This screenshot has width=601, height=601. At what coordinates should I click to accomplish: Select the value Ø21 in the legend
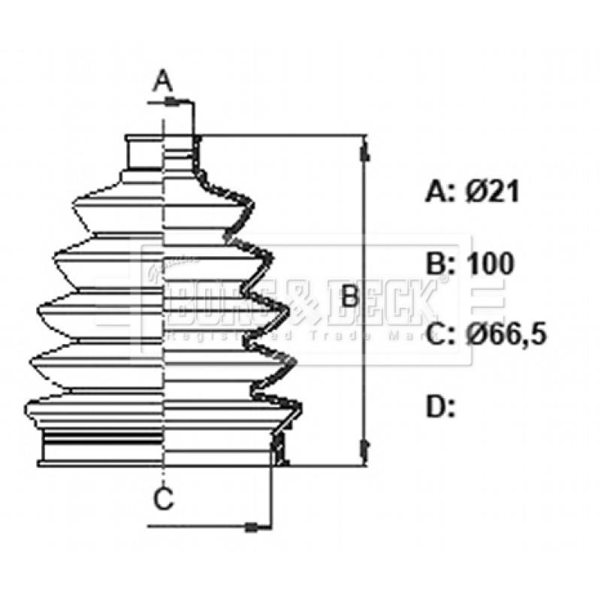coord(492,192)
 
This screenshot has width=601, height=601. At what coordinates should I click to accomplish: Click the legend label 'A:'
coord(441,192)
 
